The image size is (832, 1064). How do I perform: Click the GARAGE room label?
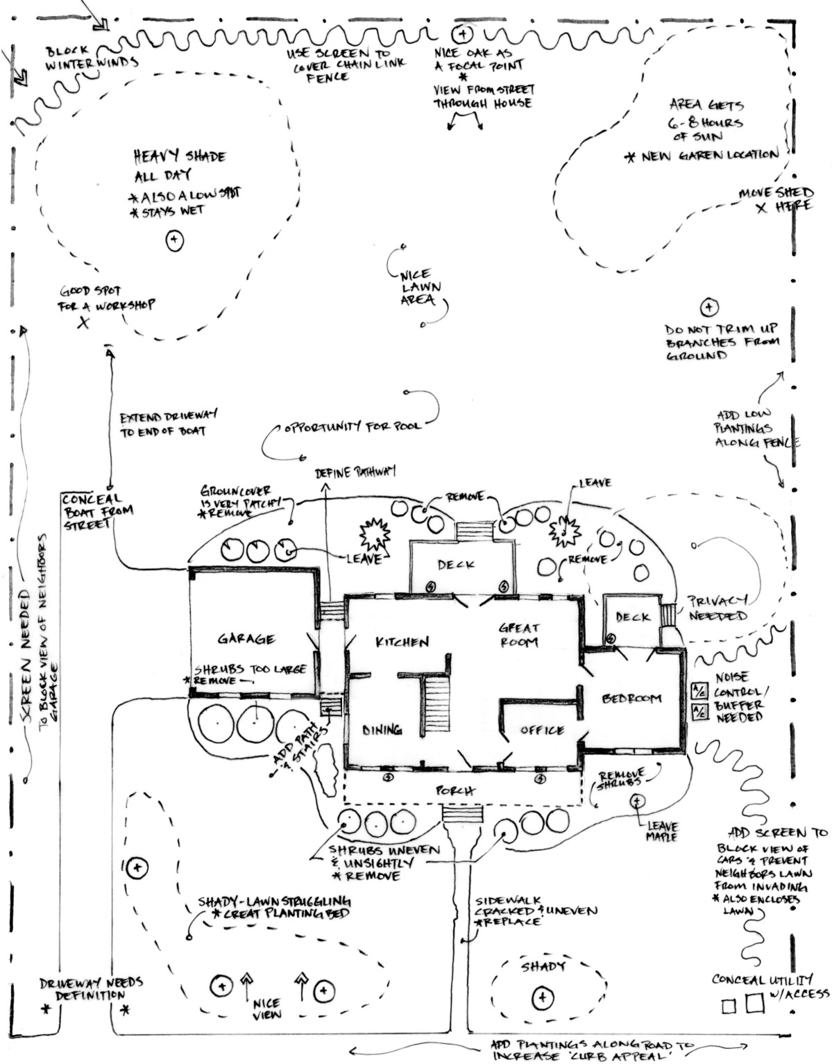click(246, 639)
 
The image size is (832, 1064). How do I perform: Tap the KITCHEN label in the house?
click(402, 642)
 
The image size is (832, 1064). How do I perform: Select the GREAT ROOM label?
click(518, 635)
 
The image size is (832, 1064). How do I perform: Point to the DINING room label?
click(382, 730)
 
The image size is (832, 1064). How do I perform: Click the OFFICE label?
click(542, 730)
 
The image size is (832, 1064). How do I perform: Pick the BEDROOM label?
click(632, 699)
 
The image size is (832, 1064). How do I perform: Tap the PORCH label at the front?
click(455, 790)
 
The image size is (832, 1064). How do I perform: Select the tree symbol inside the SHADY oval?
click(541, 998)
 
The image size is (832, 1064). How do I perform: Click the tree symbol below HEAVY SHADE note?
click(174, 241)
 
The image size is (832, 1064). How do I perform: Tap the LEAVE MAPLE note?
click(661, 832)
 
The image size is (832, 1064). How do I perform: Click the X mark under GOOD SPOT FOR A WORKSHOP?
click(84, 322)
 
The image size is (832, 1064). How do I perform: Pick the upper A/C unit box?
click(699, 691)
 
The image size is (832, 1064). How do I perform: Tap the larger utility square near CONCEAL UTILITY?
click(754, 1004)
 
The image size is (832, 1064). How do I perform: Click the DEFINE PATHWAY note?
click(355, 472)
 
